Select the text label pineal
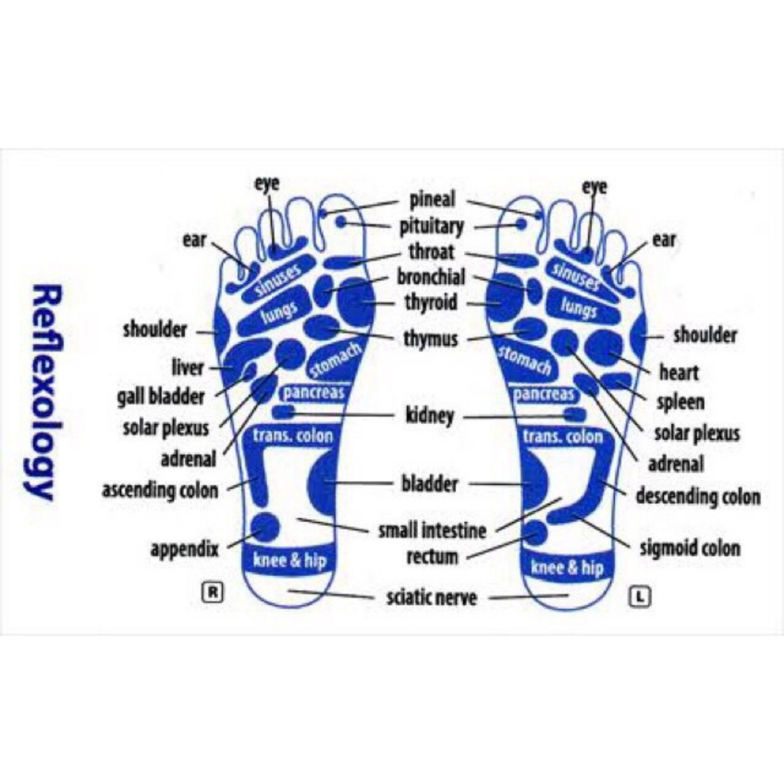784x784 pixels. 432,199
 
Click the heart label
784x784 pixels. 678,371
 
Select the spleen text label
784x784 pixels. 680,402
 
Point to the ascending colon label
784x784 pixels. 160,491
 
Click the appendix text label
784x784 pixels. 184,549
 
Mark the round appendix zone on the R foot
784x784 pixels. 264,527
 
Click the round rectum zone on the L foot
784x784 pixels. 535,533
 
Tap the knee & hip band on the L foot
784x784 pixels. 568,566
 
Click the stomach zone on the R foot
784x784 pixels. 335,361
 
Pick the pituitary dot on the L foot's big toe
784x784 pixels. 521,224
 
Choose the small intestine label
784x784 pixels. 432,531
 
